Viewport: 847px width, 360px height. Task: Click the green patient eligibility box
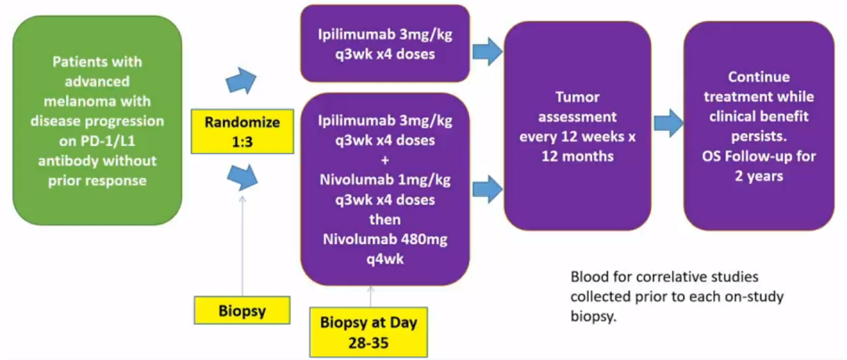tap(97, 119)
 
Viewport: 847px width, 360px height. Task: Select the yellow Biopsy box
tap(242, 311)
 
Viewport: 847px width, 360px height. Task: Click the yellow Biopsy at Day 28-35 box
tap(369, 331)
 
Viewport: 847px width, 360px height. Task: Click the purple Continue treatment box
tap(758, 125)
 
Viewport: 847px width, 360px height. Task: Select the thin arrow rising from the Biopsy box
tap(242, 243)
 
